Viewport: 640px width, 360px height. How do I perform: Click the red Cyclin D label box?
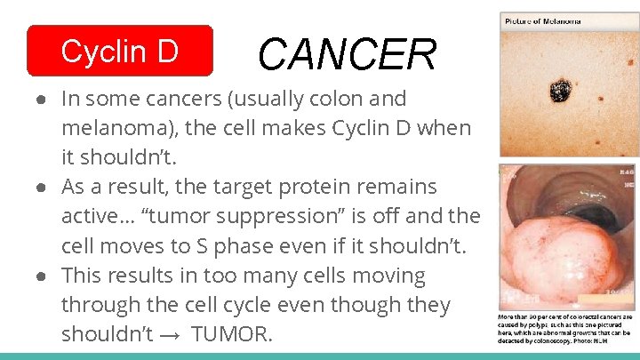[120, 52]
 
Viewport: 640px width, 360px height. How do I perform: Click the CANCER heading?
[347, 55]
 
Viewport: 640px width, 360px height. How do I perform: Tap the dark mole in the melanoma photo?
[561, 90]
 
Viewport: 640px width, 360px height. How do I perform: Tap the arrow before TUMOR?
[173, 335]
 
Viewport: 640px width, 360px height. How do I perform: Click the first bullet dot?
[43, 99]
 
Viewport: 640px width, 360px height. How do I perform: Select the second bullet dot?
[43, 188]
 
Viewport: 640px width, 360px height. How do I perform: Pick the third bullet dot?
[43, 276]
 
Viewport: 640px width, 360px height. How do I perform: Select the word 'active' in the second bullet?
[91, 217]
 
